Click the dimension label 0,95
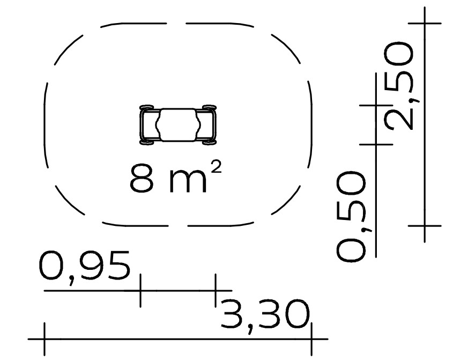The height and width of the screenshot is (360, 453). coord(84,268)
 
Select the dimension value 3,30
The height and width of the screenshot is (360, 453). coord(265,317)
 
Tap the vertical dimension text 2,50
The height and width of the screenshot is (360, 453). coord(399,86)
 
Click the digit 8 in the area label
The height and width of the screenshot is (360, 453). coord(142,178)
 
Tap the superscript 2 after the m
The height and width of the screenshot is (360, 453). coord(216,167)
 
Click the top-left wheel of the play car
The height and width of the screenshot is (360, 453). coord(147,107)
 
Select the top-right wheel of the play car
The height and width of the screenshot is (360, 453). coord(209,107)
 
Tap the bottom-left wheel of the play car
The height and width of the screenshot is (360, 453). coord(147,142)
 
